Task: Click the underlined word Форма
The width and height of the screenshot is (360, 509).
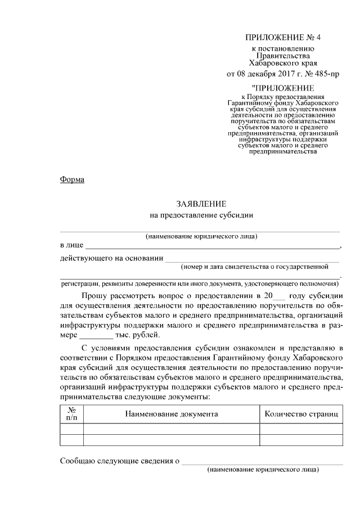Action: [72, 179]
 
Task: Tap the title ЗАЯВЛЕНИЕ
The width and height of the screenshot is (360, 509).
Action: [201, 203]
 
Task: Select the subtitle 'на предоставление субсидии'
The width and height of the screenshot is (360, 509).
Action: [201, 214]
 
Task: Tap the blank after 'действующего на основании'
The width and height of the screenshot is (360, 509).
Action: [251, 259]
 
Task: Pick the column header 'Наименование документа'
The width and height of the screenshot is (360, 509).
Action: [172, 415]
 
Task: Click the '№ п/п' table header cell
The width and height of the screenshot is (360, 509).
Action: [72, 415]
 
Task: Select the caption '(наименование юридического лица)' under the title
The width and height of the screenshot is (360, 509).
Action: [201, 236]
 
